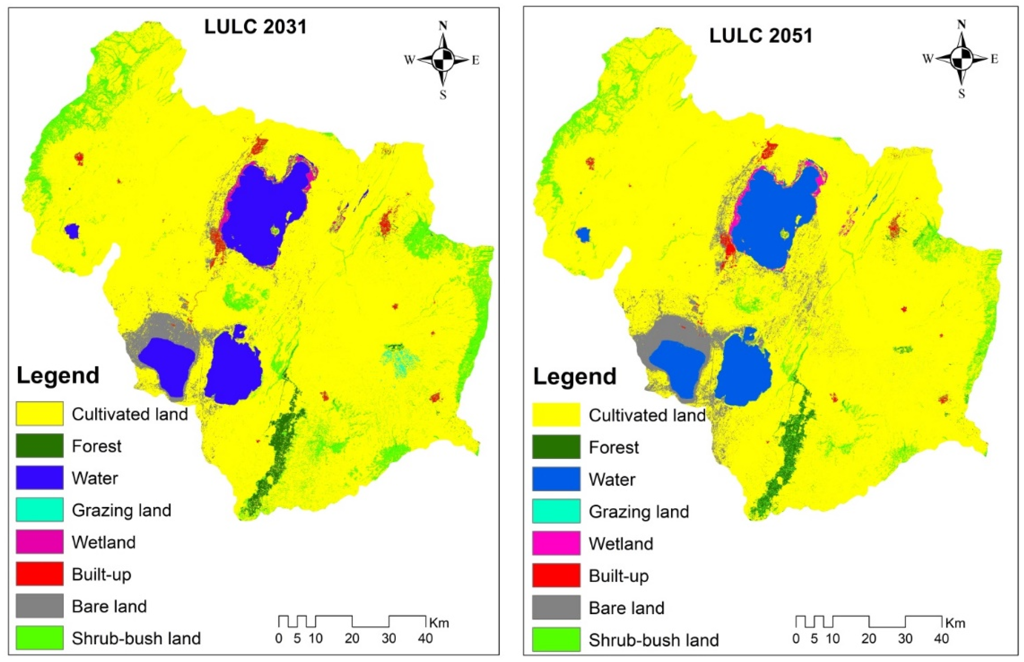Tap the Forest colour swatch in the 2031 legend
(x=39, y=445)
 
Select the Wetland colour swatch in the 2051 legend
(x=556, y=543)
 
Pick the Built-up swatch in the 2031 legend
(x=39, y=573)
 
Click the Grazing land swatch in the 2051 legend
(x=556, y=511)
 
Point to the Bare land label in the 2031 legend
(x=109, y=606)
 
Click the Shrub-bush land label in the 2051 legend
(x=653, y=640)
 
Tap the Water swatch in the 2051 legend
(x=556, y=479)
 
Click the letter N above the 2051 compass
(x=962, y=25)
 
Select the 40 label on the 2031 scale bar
(x=425, y=639)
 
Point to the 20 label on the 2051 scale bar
(x=869, y=639)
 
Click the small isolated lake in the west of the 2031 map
(x=72, y=231)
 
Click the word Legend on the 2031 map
(x=58, y=375)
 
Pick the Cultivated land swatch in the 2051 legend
(x=556, y=415)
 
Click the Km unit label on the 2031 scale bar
(x=439, y=623)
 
